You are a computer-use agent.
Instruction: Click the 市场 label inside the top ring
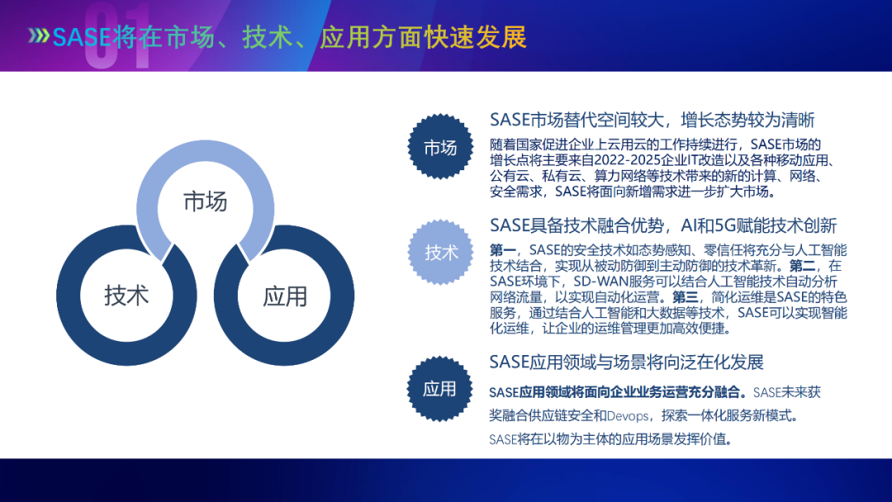click(206, 201)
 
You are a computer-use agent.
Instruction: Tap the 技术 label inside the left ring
click(126, 296)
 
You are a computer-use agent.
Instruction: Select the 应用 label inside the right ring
click(284, 296)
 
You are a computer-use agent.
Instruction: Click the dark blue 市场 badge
click(440, 147)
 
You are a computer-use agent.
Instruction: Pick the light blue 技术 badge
click(441, 253)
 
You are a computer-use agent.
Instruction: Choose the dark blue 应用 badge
click(439, 389)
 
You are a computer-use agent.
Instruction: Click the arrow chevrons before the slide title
click(39, 36)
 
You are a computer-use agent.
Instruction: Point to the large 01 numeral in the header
click(118, 36)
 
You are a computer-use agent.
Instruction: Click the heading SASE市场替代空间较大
click(576, 120)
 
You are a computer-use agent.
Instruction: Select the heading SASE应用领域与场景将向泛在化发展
click(626, 362)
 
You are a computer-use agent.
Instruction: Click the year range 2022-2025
click(617, 160)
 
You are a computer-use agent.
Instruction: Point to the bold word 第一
click(503, 250)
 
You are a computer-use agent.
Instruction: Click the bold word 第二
click(803, 266)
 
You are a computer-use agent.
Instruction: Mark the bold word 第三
click(686, 296)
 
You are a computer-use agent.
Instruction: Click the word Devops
click(628, 416)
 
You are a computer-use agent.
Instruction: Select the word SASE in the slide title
click(82, 37)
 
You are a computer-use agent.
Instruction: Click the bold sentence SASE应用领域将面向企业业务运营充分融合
click(618, 392)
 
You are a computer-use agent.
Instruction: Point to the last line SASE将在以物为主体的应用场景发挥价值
click(610, 439)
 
